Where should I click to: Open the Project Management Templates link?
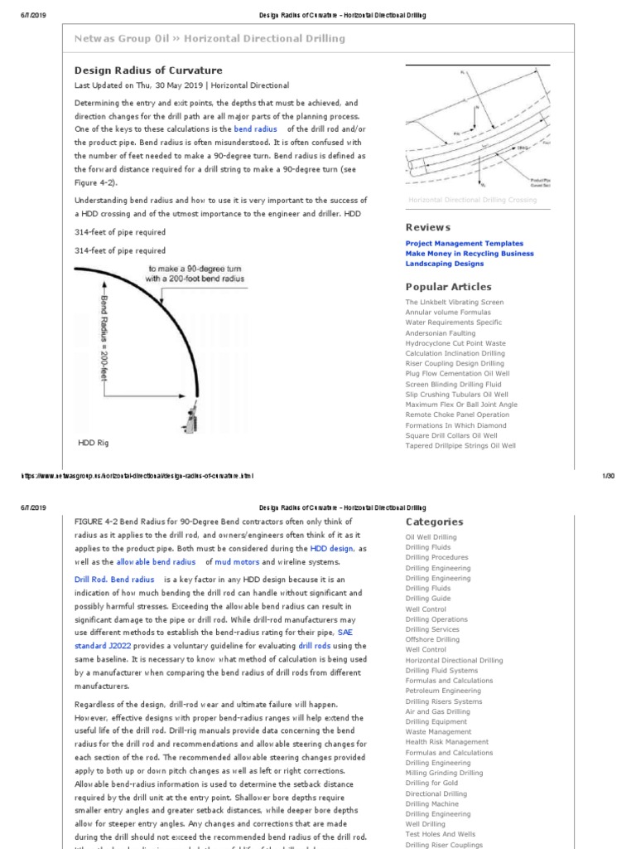(x=464, y=244)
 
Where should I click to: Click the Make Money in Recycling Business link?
(x=470, y=254)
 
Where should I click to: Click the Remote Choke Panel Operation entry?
(x=457, y=415)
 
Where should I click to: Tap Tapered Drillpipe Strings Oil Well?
(x=460, y=445)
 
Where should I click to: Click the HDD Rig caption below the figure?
(x=94, y=443)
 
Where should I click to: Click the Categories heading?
(x=434, y=522)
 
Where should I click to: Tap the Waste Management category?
(x=439, y=731)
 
